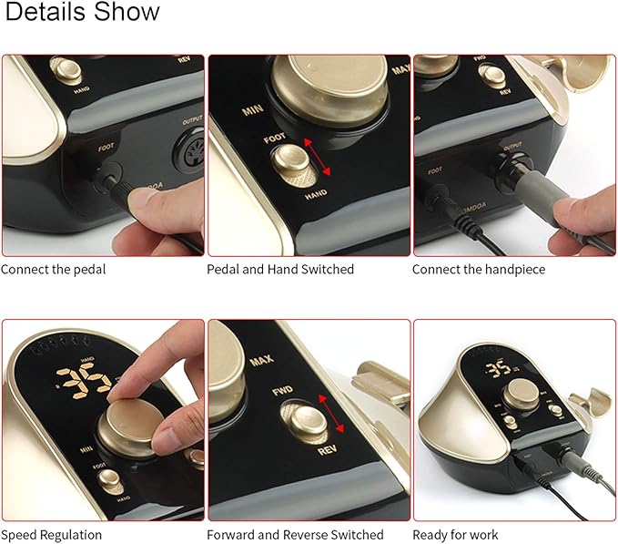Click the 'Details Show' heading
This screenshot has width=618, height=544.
(x=83, y=13)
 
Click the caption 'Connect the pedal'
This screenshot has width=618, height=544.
(x=53, y=269)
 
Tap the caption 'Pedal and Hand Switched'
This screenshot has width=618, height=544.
(x=280, y=269)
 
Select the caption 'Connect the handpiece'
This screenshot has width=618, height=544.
(x=476, y=269)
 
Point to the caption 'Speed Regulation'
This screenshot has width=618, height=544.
(x=52, y=535)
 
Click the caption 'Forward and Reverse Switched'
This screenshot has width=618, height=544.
(x=295, y=535)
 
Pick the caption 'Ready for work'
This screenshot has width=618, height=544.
(x=458, y=535)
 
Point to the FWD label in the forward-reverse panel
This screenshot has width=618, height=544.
(x=282, y=393)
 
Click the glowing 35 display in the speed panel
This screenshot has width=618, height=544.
(x=79, y=382)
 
